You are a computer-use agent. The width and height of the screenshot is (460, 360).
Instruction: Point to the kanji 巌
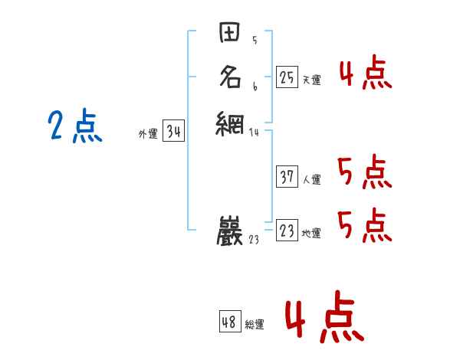point(231,230)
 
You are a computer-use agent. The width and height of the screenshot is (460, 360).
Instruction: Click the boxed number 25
point(287,77)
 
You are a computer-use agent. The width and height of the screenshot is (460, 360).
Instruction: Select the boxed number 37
point(287,177)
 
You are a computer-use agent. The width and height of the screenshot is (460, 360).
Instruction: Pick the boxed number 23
point(287,231)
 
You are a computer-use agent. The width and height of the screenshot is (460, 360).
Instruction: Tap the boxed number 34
point(173,132)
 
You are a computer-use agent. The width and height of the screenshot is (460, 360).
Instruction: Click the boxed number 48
point(229,322)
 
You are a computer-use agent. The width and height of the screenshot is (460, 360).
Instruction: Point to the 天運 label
point(311,80)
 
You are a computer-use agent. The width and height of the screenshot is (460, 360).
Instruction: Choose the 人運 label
point(311,180)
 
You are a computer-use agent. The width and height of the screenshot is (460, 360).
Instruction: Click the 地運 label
point(311,234)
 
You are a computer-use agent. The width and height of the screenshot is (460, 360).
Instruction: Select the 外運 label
point(147,134)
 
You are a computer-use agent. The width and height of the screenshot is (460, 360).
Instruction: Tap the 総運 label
point(255,325)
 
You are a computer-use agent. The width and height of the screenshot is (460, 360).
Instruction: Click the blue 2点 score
point(74,126)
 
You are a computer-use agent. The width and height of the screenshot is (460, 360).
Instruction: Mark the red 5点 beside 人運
point(365,173)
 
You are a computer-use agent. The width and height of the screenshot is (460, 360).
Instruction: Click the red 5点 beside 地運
point(365,224)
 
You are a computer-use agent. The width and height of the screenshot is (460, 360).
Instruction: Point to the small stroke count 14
point(255,133)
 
